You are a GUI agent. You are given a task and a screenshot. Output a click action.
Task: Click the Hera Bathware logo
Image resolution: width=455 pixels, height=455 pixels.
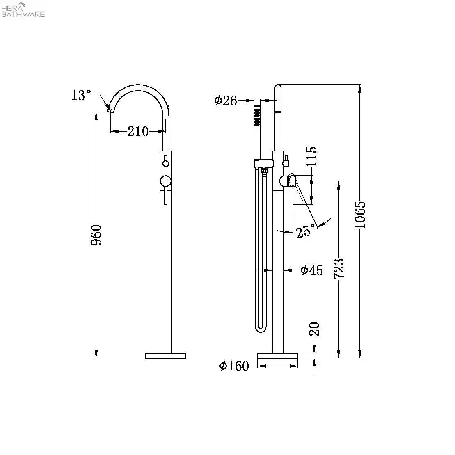click(x=23, y=10)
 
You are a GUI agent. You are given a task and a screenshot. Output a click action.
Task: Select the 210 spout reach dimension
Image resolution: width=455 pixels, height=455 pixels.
click(x=137, y=131)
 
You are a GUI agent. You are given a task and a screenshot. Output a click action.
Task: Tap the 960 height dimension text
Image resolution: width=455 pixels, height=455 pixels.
click(x=97, y=235)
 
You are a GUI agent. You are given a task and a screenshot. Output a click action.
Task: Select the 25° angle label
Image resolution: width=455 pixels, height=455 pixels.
click(x=306, y=232)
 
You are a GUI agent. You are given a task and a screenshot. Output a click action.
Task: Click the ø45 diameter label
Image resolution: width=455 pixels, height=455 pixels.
click(x=311, y=270)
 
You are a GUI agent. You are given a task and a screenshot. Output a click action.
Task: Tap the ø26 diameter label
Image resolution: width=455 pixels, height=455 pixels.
click(x=226, y=100)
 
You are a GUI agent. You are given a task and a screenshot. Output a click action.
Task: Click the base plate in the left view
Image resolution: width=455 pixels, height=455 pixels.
click(x=166, y=355)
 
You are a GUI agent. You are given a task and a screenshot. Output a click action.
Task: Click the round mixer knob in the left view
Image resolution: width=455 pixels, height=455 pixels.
click(x=165, y=181)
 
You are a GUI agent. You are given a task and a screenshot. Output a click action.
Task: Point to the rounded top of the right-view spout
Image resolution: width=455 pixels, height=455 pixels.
click(x=278, y=87)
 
